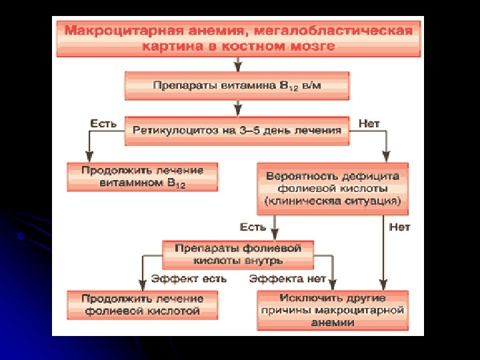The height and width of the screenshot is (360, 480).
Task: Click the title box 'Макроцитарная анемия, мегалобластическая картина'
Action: [239, 39]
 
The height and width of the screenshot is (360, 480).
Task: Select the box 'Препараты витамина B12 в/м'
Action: [237, 87]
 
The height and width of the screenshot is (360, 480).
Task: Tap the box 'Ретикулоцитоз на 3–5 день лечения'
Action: [237, 130]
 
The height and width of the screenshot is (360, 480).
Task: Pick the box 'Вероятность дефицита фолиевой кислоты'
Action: [332, 187]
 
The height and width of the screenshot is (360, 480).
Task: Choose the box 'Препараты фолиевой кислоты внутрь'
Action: [238, 254]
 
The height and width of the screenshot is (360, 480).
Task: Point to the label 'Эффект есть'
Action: [189, 279]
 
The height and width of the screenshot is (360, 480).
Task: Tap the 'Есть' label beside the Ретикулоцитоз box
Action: [103, 123]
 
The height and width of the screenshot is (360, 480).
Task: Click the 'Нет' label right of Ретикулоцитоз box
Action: [369, 123]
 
